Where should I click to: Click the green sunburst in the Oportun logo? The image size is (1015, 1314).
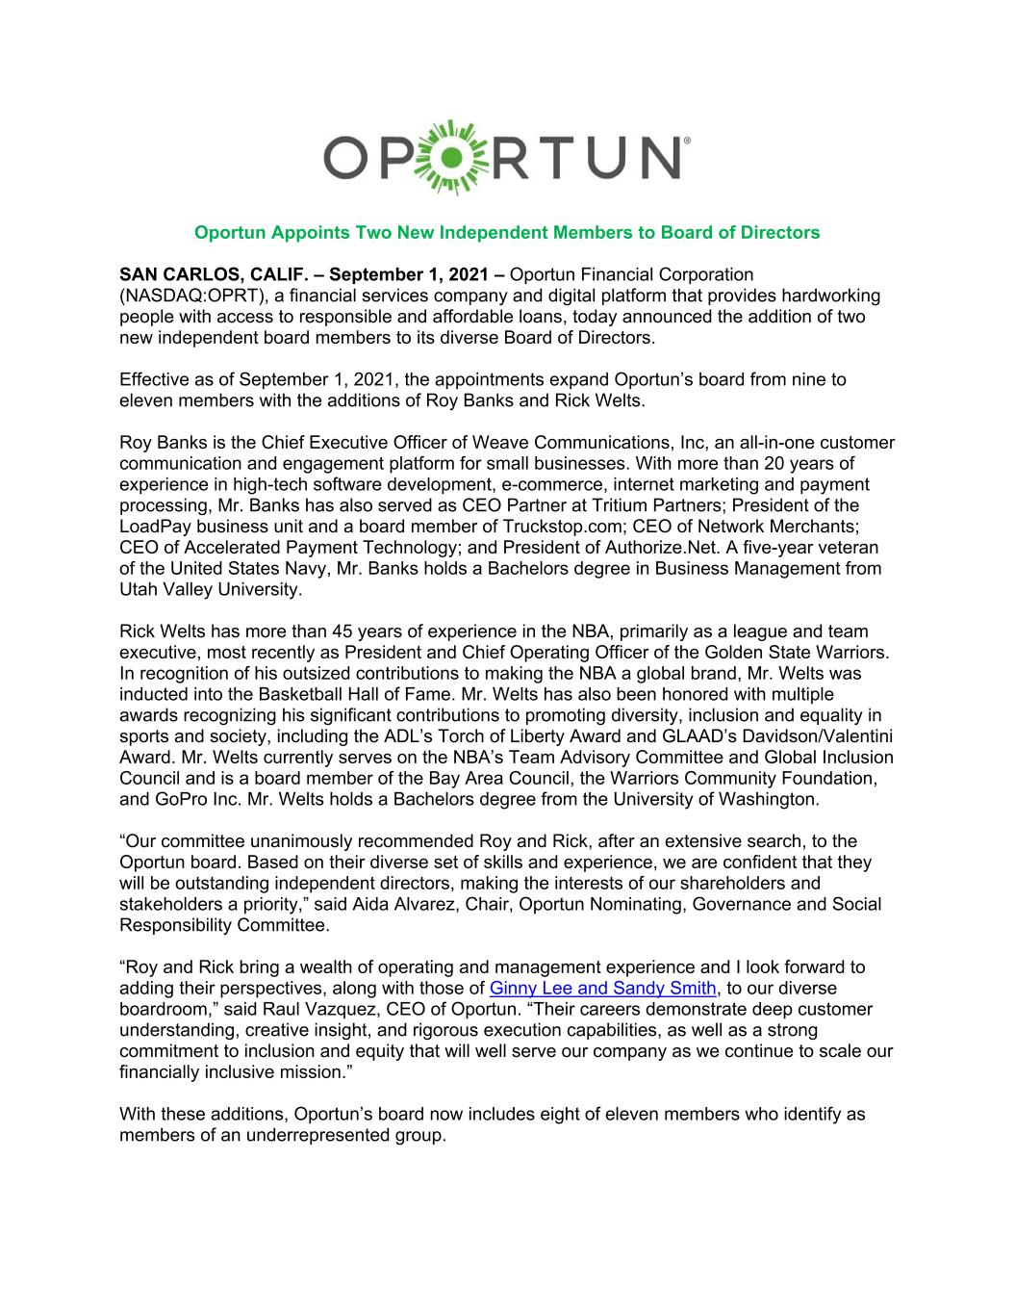(443, 157)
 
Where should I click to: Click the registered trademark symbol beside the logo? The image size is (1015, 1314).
(685, 141)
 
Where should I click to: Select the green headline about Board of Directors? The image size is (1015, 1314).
(507, 232)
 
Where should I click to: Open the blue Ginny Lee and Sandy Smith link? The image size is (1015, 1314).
(603, 988)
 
